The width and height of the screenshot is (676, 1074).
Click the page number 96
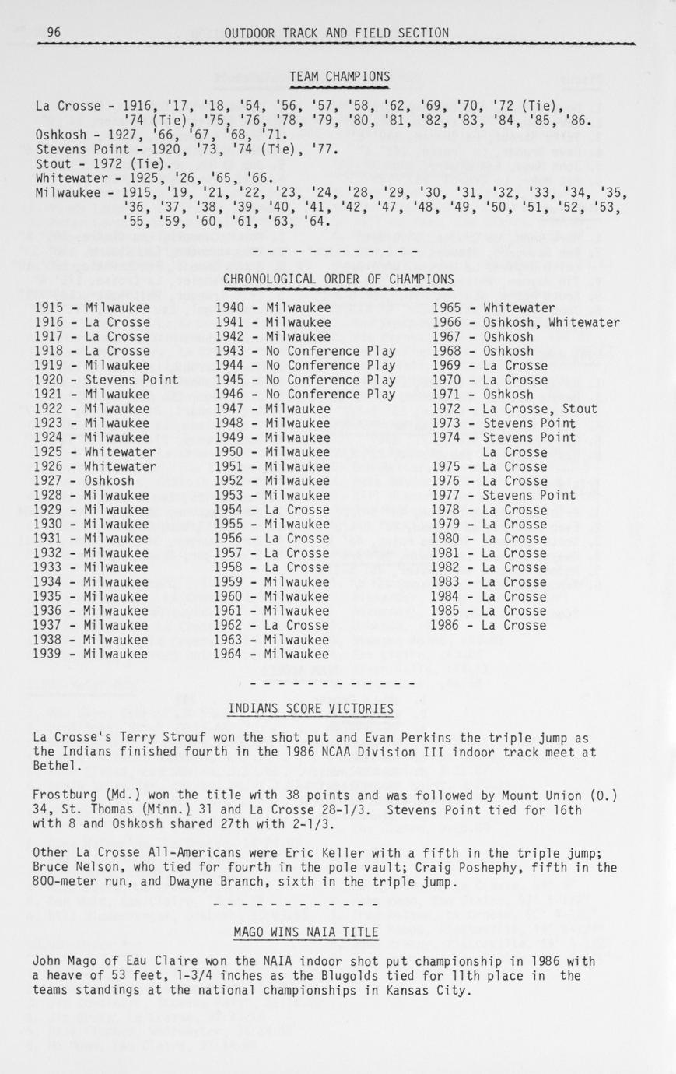pos(54,33)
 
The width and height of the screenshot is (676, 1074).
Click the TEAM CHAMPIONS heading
pos(339,76)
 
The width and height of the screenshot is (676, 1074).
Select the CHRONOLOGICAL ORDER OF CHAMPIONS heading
pos(338,279)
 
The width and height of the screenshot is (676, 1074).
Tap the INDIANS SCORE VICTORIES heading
pos(310,709)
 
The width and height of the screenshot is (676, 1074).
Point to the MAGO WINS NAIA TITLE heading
pos(306,932)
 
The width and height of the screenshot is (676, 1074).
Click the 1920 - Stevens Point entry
pos(107,380)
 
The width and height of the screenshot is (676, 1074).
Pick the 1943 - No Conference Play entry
pos(305,351)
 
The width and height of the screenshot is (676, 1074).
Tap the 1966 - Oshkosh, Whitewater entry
pos(526,322)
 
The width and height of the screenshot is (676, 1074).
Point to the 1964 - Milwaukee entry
pos(272,654)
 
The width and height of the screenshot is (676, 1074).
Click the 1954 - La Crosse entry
pos(272,510)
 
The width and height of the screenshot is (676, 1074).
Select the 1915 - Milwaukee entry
pos(92,307)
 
